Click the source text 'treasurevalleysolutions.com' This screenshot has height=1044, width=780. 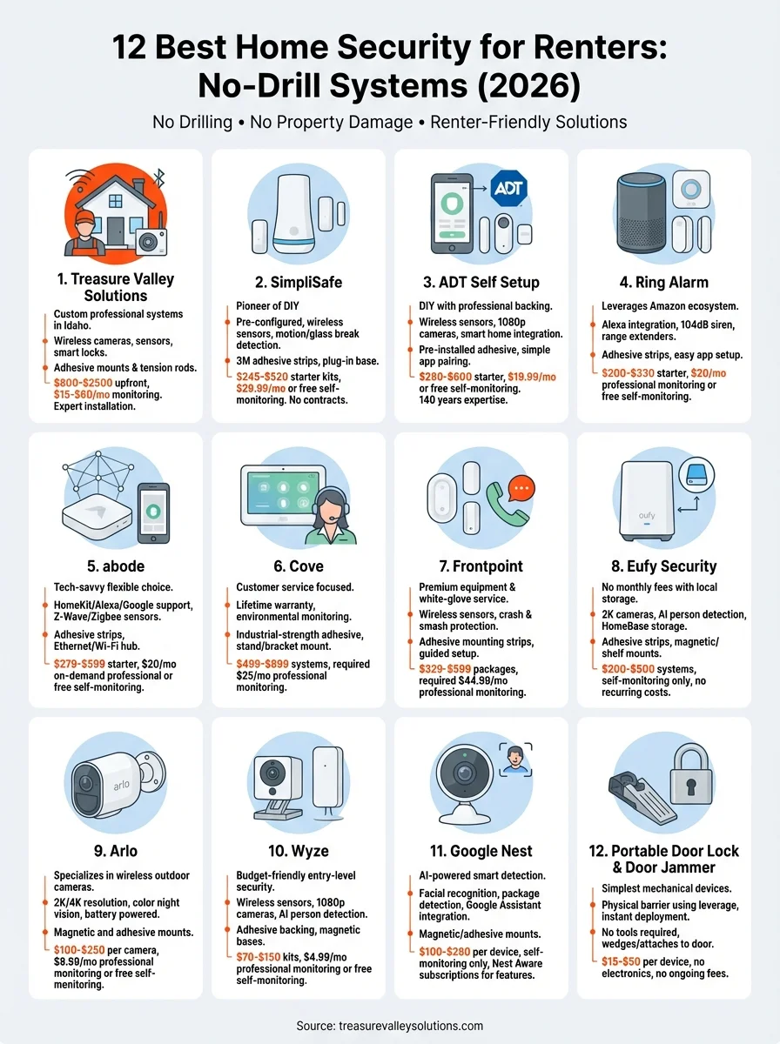pos(414,1026)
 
